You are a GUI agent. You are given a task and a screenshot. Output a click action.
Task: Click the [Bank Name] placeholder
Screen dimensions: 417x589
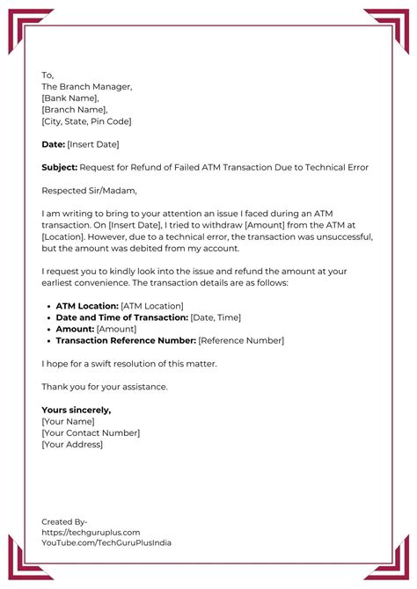(x=70, y=98)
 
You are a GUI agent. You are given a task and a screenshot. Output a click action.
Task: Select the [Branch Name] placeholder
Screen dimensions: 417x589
(x=74, y=109)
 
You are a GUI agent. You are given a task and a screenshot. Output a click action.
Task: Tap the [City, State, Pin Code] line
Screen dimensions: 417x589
(x=86, y=120)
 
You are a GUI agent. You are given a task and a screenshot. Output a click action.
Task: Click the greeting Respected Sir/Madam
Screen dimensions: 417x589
(x=90, y=189)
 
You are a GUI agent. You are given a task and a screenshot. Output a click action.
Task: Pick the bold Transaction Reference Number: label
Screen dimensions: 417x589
(x=125, y=339)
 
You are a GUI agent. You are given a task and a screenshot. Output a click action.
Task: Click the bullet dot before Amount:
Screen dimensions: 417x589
(x=48, y=328)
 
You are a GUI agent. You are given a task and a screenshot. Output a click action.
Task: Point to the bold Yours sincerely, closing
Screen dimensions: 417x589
(x=77, y=410)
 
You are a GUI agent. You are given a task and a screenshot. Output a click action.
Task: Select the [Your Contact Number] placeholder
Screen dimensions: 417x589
(x=91, y=433)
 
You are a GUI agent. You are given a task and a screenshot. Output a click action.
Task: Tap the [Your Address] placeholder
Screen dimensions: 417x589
(x=72, y=444)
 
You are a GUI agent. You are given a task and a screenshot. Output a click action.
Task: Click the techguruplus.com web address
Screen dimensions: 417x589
(x=91, y=532)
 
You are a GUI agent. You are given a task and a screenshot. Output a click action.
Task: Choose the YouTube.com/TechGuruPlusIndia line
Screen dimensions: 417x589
(x=106, y=542)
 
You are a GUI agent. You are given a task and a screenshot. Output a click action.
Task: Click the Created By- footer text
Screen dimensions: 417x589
(x=64, y=520)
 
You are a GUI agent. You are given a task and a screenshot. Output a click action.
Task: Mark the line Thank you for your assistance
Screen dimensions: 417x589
(x=105, y=386)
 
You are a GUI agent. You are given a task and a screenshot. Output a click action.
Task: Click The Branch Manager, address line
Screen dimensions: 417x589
(x=87, y=86)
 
